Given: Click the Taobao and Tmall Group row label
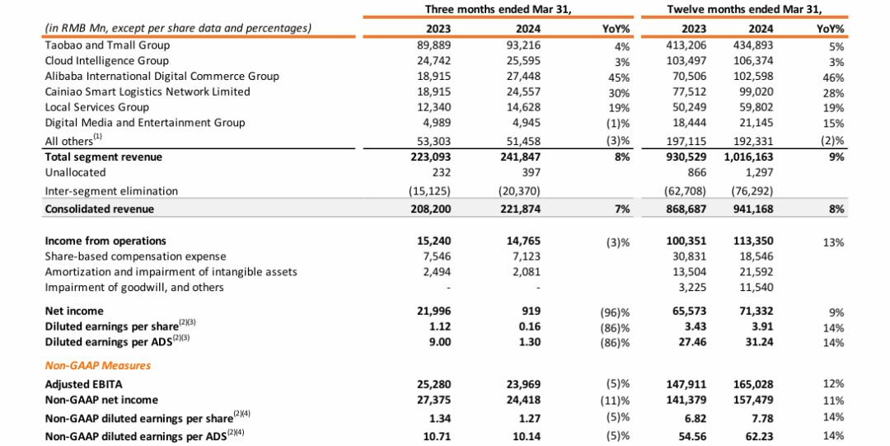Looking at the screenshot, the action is click(x=107, y=45).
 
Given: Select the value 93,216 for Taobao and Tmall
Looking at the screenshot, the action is click(x=523, y=45).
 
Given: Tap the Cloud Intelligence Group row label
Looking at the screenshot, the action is click(x=106, y=61).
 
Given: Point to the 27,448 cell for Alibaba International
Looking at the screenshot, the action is click(x=523, y=76).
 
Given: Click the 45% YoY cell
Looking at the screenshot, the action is click(x=619, y=77).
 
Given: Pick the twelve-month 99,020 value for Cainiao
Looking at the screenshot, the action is click(x=756, y=92).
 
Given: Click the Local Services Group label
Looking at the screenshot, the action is click(x=97, y=107).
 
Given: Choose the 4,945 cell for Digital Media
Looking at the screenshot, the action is click(x=527, y=123).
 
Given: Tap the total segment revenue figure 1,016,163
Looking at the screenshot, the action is click(x=748, y=157).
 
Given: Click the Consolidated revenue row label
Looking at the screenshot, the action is click(x=100, y=209).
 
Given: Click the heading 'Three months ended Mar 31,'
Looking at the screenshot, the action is click(x=498, y=9).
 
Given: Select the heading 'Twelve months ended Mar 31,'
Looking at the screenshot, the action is click(x=745, y=9).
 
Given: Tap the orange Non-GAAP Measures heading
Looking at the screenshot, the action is click(x=97, y=365).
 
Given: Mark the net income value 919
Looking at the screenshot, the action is click(x=532, y=312).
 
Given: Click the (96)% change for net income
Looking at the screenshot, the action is click(x=615, y=312).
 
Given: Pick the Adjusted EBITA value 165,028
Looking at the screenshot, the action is click(x=752, y=385).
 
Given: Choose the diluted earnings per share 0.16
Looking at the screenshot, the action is click(x=529, y=326).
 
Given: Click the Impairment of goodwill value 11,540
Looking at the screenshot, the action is click(x=756, y=288).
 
